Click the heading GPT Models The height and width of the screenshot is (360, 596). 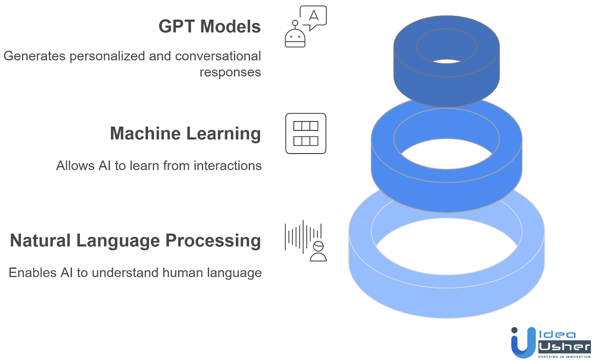209,26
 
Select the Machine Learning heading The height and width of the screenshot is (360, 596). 185,133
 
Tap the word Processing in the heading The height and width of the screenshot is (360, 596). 213,241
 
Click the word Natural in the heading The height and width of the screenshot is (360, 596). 40,241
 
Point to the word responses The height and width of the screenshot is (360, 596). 230,72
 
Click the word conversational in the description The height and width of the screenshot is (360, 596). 218,56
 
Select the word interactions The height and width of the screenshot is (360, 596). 228,165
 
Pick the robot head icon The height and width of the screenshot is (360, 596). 295,37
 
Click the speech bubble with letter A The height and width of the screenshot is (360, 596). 314,16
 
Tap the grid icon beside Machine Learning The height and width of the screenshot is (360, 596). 306,133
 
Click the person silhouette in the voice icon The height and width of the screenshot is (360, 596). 318,252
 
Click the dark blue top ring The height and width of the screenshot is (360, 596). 446,86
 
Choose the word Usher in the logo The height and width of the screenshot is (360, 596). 564,347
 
